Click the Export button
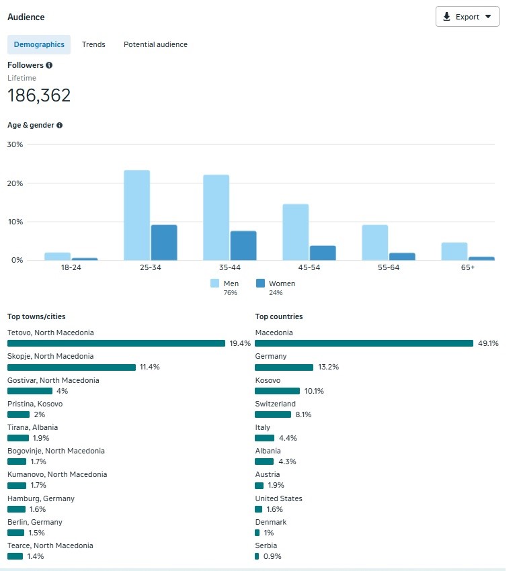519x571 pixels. tap(467, 17)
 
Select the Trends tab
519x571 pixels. tap(93, 44)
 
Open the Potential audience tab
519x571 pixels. tap(155, 44)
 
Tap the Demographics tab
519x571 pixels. tap(39, 44)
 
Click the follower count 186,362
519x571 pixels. tap(39, 96)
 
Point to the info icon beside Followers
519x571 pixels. tap(49, 65)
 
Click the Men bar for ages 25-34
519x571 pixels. tap(136, 215)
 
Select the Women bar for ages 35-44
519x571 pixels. tap(243, 245)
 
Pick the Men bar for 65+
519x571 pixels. tap(454, 251)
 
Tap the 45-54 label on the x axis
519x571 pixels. tap(296, 267)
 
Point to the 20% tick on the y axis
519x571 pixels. tap(15, 183)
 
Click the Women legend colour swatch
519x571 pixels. tap(261, 283)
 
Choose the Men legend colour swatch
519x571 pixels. tap(215, 283)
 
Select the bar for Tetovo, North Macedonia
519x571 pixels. tap(116, 343)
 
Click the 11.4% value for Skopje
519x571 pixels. tap(149, 367)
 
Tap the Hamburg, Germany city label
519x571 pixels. tap(41, 498)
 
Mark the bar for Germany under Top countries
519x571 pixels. tap(284, 367)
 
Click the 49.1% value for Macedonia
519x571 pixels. tap(489, 343)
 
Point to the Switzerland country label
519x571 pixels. tap(275, 404)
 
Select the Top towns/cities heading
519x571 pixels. tap(36, 316)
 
